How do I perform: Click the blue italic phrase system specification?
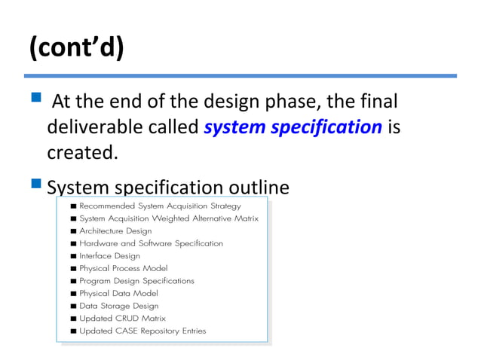(293, 127)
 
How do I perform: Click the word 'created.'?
(83, 152)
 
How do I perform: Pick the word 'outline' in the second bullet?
(256, 188)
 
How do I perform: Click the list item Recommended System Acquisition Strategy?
(160, 206)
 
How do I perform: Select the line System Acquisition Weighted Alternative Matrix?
(168, 218)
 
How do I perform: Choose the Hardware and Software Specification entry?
(151, 243)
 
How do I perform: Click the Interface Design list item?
(109, 256)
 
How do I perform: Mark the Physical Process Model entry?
(123, 268)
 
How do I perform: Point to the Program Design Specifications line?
(136, 281)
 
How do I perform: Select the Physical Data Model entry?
(118, 293)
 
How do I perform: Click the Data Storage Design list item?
(118, 306)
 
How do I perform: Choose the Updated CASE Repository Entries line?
(142, 331)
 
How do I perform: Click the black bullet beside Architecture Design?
(72, 231)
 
